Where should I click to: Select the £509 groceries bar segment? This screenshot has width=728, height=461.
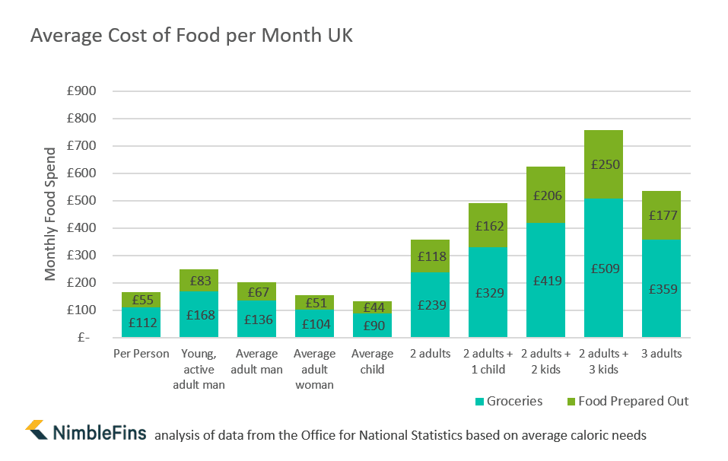click(x=603, y=268)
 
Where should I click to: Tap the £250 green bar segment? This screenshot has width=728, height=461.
click(x=603, y=164)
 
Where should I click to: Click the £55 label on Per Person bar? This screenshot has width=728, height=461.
click(x=141, y=300)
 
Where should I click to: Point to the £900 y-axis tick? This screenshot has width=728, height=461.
click(x=81, y=91)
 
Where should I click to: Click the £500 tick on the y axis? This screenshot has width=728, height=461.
click(x=81, y=201)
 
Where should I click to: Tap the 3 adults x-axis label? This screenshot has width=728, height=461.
click(x=661, y=354)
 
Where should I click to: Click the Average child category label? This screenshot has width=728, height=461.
click(x=372, y=361)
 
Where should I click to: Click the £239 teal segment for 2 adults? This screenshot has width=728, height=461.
click(x=430, y=304)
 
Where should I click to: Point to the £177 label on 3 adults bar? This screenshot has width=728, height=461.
click(x=661, y=215)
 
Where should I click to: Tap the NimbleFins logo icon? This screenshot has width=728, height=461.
click(x=37, y=430)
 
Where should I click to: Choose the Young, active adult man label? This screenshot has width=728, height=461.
click(x=199, y=369)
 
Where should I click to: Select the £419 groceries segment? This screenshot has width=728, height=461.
click(x=545, y=280)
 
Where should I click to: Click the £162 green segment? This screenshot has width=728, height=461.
click(x=488, y=226)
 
